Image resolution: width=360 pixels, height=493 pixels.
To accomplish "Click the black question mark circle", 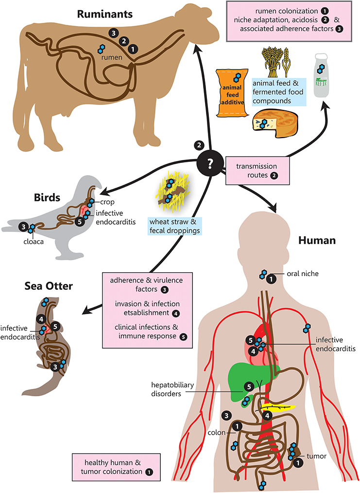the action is click(210, 164).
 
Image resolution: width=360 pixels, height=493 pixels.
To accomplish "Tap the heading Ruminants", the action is click(105, 14).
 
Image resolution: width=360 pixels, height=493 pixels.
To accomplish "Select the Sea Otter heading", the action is click(49, 286).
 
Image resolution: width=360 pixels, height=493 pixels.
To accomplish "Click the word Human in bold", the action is click(317, 240).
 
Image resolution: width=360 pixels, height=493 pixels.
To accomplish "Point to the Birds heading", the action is click(47, 197).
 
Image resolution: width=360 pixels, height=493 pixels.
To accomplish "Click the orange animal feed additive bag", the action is click(232, 93).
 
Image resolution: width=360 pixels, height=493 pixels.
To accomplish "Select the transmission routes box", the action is click(257, 171).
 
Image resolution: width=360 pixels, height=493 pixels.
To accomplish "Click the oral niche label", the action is click(303, 274).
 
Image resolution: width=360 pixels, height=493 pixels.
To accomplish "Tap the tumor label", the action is click(317, 456).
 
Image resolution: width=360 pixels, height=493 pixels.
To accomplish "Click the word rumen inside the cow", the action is click(112, 57).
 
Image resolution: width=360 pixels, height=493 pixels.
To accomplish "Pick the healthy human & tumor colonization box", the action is click(117, 467).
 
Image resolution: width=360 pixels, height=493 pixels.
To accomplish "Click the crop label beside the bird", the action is click(107, 202).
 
